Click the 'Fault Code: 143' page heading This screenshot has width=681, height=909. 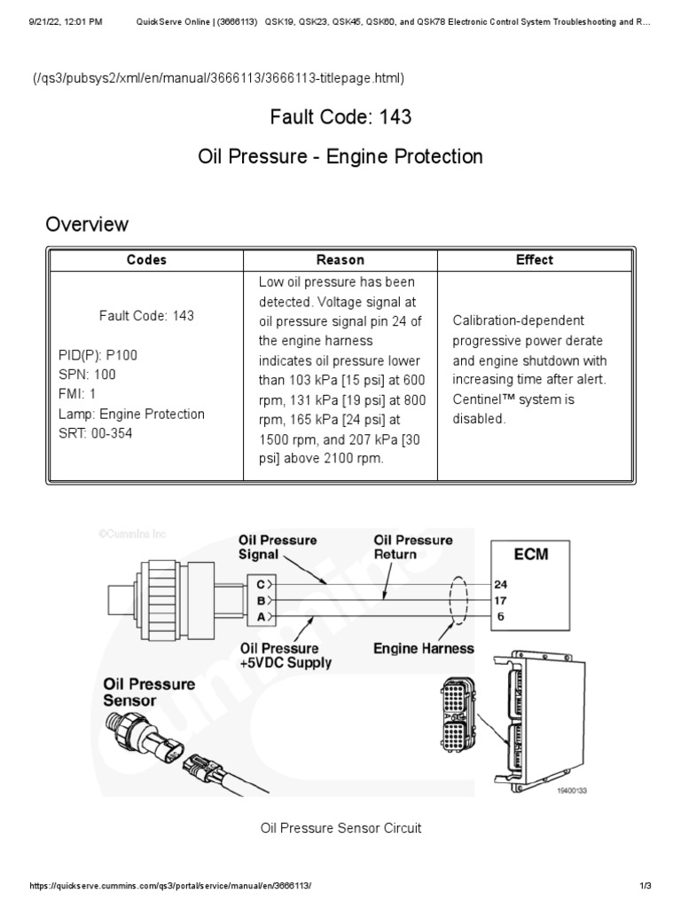[x=340, y=116]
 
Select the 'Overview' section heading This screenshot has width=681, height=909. [x=87, y=224]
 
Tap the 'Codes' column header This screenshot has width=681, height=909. [x=146, y=260]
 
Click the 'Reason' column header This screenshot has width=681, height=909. [x=340, y=260]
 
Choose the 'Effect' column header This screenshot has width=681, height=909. [x=534, y=260]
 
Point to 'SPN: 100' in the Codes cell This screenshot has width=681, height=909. [x=87, y=375]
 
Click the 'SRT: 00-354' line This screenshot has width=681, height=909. [x=96, y=433]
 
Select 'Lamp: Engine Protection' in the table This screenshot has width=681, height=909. [x=131, y=414]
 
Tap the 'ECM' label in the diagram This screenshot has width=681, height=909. [x=531, y=554]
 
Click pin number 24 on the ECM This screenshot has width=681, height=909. [x=501, y=584]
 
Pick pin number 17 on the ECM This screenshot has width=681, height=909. [x=501, y=600]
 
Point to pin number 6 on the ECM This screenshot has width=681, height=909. [x=501, y=616]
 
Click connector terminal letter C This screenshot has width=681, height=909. [x=261, y=584]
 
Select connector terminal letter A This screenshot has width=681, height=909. [x=261, y=616]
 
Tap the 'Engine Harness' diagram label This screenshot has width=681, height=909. [x=423, y=649]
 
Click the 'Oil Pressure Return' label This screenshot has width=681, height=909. [x=413, y=547]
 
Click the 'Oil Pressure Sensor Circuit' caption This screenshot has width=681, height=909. [x=340, y=828]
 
